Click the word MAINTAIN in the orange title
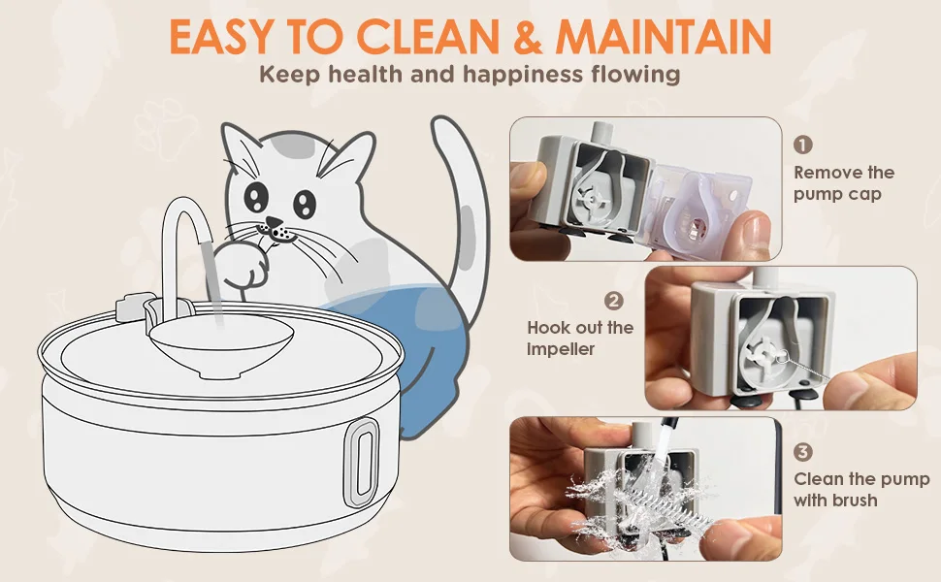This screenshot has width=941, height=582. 663,37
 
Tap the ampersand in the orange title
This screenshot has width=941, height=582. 527,37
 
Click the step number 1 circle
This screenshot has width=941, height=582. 802,145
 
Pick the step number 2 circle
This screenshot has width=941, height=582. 614,301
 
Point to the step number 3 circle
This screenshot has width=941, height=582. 803,452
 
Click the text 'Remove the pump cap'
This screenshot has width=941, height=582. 844,183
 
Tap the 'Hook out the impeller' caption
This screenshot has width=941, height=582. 580,338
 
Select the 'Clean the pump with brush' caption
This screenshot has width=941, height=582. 861,489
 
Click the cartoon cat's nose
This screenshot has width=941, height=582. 274,223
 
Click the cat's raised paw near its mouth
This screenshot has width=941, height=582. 239,265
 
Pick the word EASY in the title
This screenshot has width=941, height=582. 220,37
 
